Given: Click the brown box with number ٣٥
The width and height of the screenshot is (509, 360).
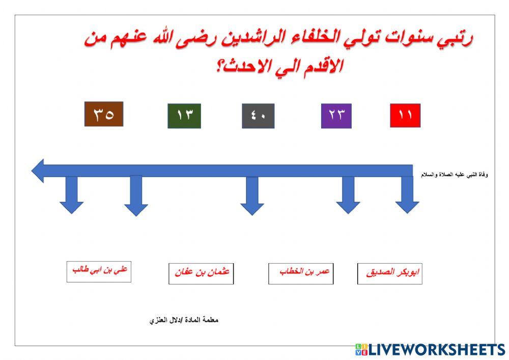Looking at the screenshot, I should tap(103, 114).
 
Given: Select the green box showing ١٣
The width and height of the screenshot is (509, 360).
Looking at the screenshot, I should tap(184, 116).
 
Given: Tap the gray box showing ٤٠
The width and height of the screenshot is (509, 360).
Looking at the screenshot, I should tap(258, 116).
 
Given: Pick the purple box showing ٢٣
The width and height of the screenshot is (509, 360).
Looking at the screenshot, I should tap(336, 116).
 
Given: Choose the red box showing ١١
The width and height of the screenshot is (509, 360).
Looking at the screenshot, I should tap(405, 116).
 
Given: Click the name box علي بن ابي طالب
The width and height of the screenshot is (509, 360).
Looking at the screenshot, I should tap(99, 271).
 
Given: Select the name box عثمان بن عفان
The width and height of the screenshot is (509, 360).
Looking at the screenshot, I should tap(201, 273).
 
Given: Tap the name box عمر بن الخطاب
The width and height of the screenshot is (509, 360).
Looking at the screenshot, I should tap(301, 273).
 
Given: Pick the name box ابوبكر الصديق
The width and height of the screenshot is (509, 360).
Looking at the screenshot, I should tap(389, 273).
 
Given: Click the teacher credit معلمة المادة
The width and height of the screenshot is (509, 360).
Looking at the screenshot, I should tap(184, 321).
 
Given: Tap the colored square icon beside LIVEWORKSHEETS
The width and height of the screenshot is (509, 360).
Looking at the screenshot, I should tap(361, 349).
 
